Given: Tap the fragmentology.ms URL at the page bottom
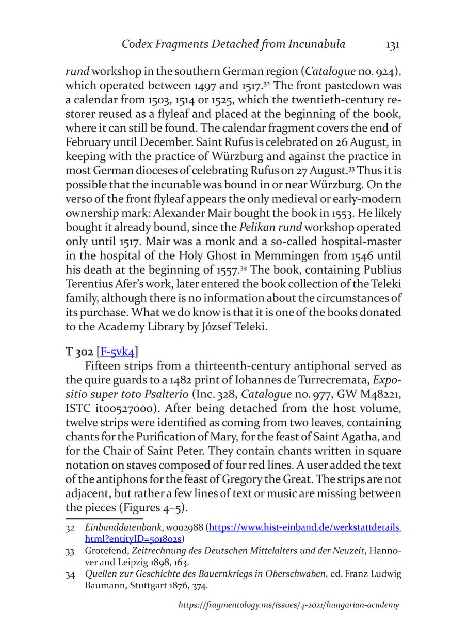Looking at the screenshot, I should tap(288, 605).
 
